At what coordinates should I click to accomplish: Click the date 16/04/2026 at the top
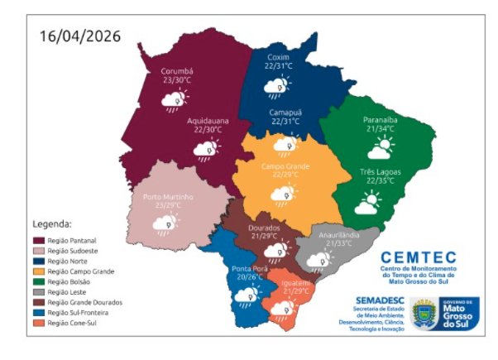(x=80, y=36)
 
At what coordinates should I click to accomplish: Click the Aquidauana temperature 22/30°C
(x=207, y=130)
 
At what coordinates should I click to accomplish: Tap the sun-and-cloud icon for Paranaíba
(x=381, y=150)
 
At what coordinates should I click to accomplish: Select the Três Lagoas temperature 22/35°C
(x=380, y=180)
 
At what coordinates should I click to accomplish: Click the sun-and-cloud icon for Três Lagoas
(x=367, y=201)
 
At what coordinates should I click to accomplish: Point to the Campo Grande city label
(x=285, y=166)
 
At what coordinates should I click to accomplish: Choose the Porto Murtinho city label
(x=168, y=197)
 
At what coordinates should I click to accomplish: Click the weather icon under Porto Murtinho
(x=166, y=223)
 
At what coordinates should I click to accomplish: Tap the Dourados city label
(x=266, y=227)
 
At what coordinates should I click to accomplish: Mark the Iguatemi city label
(x=296, y=283)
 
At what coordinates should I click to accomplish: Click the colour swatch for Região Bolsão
(x=38, y=281)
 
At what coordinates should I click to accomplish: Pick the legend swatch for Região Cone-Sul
(x=38, y=324)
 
